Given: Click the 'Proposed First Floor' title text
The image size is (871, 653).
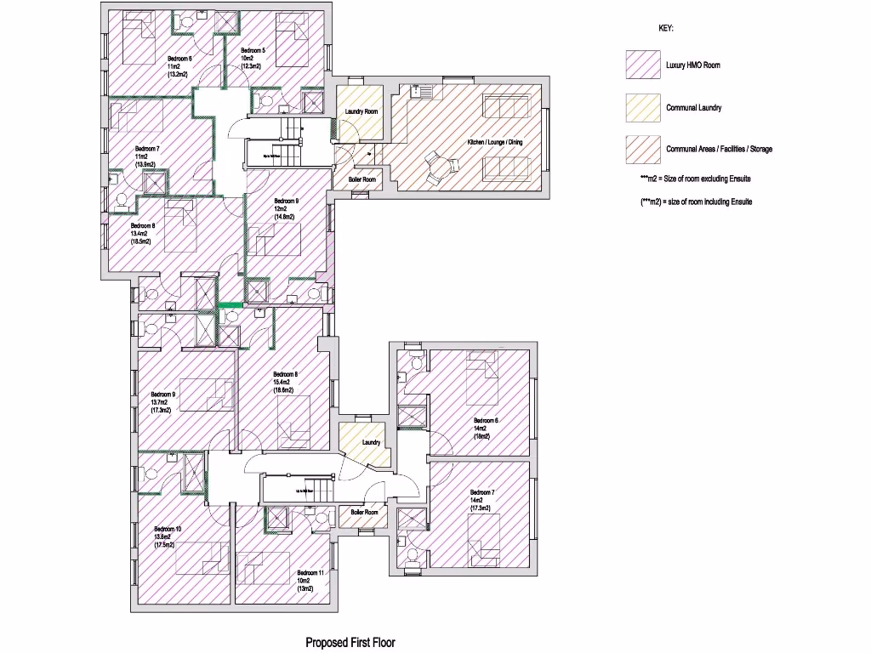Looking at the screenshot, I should tap(350, 643).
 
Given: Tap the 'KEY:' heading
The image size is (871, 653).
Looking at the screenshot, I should tap(666, 28).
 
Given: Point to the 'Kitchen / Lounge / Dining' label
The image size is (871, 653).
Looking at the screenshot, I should tap(494, 142).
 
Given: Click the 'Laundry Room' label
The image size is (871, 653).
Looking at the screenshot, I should tap(361, 111).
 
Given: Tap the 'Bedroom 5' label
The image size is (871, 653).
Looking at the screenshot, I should tap(253, 51).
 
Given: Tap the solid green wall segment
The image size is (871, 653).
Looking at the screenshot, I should tap(230, 304).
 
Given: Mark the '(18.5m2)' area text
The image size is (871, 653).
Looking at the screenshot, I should tap(140, 241).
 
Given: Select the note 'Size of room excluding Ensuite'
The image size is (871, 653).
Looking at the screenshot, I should tap(695, 179).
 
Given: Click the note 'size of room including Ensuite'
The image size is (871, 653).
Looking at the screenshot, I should tap(695, 202).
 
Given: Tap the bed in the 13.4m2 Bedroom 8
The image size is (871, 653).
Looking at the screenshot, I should tap(181, 226).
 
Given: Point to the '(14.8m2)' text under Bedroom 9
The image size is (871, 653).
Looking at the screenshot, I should tap(284, 218).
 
